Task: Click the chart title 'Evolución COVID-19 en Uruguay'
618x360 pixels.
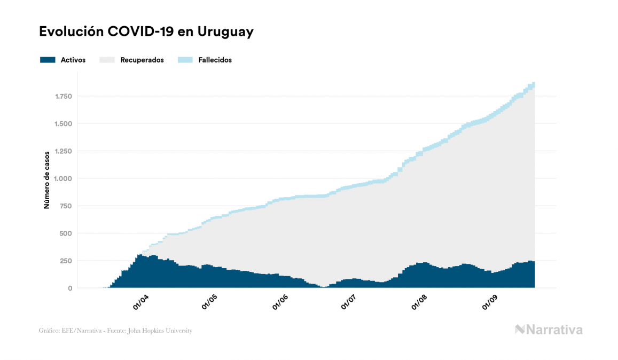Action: [146, 32]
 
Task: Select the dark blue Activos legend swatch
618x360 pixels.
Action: [48, 60]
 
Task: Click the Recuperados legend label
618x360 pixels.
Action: [142, 60]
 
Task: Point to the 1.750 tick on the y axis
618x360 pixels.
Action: [64, 97]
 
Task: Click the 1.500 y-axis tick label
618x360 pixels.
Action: [64, 124]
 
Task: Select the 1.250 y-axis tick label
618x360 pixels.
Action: [64, 151]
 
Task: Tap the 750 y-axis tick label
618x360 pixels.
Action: [66, 206]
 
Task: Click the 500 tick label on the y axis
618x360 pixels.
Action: [66, 233]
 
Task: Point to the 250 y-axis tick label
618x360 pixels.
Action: [66, 261]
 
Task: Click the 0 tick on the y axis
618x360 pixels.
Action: [70, 288]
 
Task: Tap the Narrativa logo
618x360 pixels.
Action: [549, 330]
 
